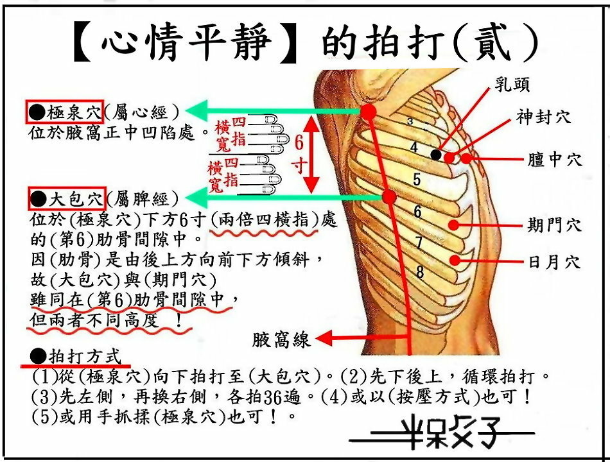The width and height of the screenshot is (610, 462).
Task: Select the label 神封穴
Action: click(x=543, y=117)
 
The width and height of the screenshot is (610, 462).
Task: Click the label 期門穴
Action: click(x=553, y=225)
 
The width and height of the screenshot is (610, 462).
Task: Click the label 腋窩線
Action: click(x=281, y=339)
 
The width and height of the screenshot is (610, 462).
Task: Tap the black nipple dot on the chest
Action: click(x=436, y=155)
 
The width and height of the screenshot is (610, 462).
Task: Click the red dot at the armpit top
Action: click(x=368, y=112)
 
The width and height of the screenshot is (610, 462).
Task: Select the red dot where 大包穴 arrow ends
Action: click(x=389, y=196)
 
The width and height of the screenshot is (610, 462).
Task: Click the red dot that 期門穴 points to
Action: click(x=454, y=225)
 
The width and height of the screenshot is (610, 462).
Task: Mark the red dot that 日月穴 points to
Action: click(x=455, y=260)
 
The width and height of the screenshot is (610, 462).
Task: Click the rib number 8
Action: click(x=420, y=272)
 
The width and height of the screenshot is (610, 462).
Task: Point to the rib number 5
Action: click(x=417, y=180)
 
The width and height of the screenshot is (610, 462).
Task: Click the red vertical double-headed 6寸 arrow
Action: click(x=311, y=154)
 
